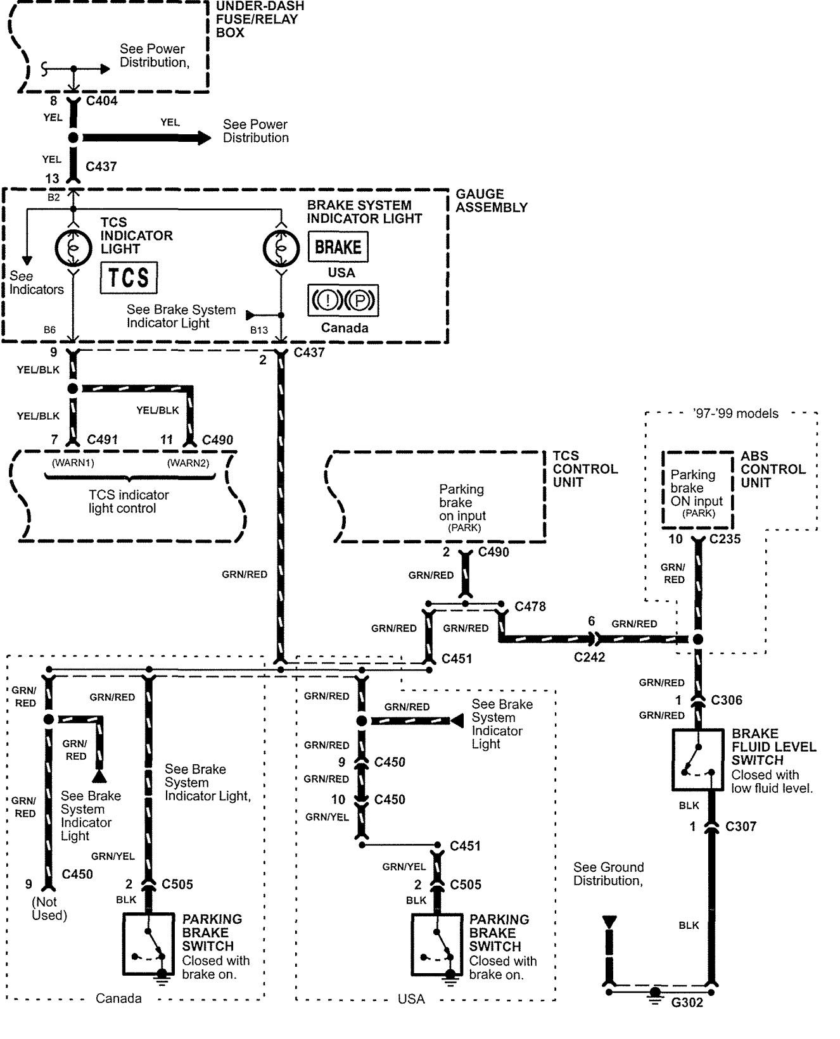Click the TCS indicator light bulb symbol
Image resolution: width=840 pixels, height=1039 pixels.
pyautogui.click(x=73, y=248)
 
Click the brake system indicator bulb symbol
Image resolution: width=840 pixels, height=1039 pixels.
pyautogui.click(x=281, y=248)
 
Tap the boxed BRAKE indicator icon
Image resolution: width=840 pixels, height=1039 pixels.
pyautogui.click(x=338, y=247)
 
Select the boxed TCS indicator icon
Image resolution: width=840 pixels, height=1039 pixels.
pyautogui.click(x=129, y=277)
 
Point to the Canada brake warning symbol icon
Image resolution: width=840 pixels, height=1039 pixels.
pyautogui.click(x=343, y=300)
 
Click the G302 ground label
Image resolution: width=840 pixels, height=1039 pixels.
pyautogui.click(x=687, y=1002)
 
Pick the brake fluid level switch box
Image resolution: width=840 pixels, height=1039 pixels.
pyautogui.click(x=697, y=759)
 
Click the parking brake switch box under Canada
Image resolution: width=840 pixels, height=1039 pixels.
pyautogui.click(x=148, y=943)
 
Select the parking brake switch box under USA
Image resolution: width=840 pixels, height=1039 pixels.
pyautogui.click(x=436, y=943)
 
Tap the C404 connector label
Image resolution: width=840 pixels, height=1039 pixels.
pyautogui.click(x=101, y=101)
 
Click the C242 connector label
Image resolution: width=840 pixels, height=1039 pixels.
pyautogui.click(x=589, y=657)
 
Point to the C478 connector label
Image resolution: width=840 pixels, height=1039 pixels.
pyautogui.click(x=530, y=607)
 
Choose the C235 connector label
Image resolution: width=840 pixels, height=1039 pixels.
pyautogui.click(x=725, y=539)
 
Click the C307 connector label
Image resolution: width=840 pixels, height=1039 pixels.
pyautogui.click(x=741, y=826)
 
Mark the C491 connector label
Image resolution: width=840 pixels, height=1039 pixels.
pyautogui.click(x=102, y=439)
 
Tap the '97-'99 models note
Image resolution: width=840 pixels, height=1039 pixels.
pyautogui.click(x=735, y=413)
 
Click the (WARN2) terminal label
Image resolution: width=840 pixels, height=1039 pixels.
pyautogui.click(x=188, y=463)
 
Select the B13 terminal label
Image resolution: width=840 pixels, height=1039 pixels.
pyautogui.click(x=258, y=330)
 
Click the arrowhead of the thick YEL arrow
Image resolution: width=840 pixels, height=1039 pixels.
pyautogui.click(x=203, y=137)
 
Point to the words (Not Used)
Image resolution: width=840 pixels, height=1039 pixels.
pyautogui.click(x=49, y=909)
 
